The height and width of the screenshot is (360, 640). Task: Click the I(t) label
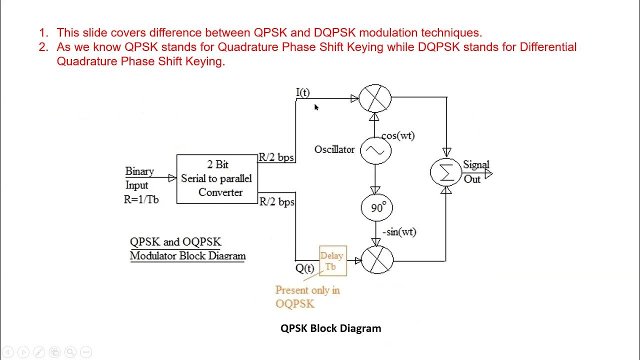[x=303, y=92]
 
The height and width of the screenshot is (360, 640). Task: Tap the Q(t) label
[x=304, y=268]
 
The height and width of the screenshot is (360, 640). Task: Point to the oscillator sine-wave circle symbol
[x=375, y=150]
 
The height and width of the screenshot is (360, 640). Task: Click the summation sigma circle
[x=445, y=172]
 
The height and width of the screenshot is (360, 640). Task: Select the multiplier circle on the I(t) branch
[x=375, y=98]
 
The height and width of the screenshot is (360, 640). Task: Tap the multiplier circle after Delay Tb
[x=377, y=260]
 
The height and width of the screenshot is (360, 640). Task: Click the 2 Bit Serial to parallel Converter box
[x=217, y=178]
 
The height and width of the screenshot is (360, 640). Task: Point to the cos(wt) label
[x=398, y=135]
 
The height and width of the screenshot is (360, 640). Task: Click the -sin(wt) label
[x=399, y=232]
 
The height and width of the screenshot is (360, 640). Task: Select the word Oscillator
[x=334, y=149]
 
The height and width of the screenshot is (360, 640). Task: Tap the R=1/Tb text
[x=141, y=199]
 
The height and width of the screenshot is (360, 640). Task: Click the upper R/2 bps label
[x=276, y=157]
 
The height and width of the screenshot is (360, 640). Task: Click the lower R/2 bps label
[x=277, y=202]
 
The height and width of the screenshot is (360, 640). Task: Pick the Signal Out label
[x=475, y=171]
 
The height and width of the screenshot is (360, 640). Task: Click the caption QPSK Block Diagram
[x=330, y=328]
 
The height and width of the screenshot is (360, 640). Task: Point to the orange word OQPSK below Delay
[x=295, y=303]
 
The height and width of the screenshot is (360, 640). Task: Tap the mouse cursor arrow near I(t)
[x=316, y=107]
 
